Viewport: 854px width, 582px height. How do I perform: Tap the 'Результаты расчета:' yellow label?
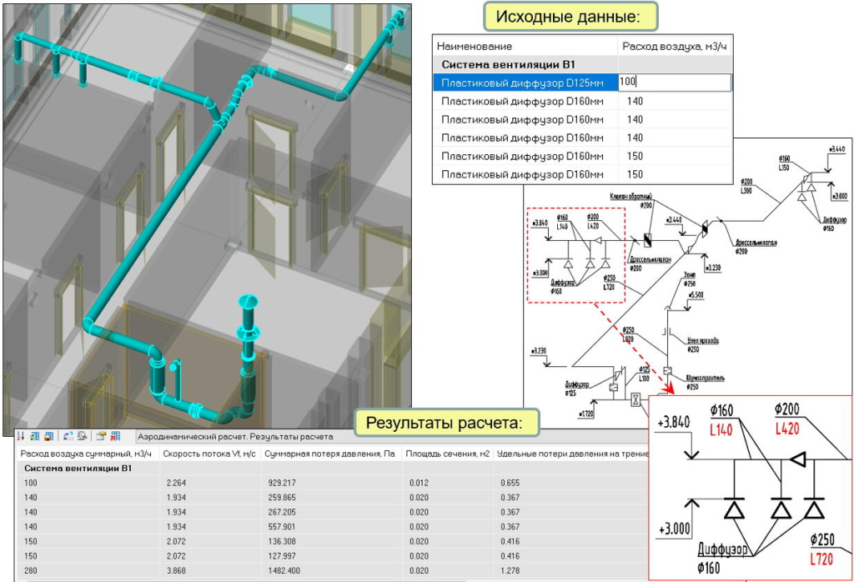pyautogui.click(x=445, y=423)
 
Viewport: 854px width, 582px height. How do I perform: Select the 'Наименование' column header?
pyautogui.click(x=475, y=46)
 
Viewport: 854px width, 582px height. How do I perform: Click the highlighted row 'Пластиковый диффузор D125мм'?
pyautogui.click(x=522, y=83)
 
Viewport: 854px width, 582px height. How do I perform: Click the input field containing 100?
pyautogui.click(x=675, y=83)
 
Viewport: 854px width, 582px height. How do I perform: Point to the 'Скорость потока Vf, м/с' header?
pyautogui.click(x=208, y=454)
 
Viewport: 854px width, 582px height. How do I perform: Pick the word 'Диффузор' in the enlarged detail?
pyautogui.click(x=722, y=550)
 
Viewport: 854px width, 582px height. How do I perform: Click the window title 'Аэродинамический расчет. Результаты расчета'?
pyautogui.click(x=234, y=436)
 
